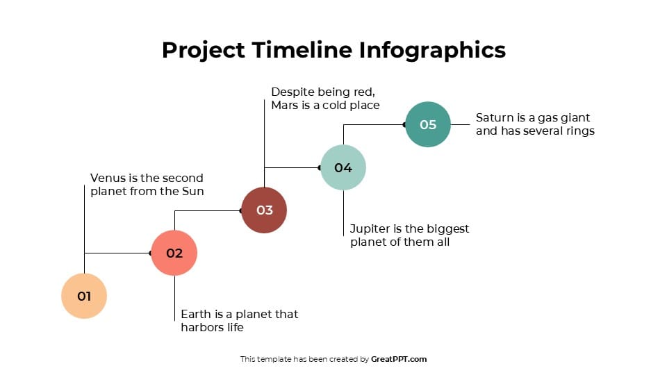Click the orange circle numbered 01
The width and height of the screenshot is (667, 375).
point(84,296)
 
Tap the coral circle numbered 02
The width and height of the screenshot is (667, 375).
point(174,253)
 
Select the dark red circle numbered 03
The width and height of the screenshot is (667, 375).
point(264,210)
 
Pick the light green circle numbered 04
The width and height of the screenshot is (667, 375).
point(343,167)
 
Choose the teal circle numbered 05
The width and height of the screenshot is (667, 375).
point(428,124)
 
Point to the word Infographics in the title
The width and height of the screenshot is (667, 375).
point(432,50)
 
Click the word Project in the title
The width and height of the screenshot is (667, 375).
point(203,50)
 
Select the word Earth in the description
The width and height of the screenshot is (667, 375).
point(195,314)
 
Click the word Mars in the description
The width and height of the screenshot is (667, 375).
point(285,106)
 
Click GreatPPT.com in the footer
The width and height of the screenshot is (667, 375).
point(399,359)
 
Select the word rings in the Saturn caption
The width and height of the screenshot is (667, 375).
point(579,131)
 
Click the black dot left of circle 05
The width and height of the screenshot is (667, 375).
point(404,125)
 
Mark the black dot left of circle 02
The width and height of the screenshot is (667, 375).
point(151,253)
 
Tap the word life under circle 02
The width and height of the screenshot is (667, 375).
point(232,327)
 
